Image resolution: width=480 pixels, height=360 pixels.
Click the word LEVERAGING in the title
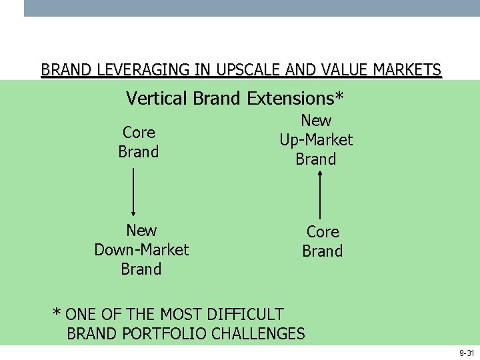pos(130,70)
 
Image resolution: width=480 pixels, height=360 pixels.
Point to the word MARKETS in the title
pos(407,70)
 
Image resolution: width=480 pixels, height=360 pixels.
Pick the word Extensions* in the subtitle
pos(295,99)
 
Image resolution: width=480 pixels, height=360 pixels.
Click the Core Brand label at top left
pos(139,142)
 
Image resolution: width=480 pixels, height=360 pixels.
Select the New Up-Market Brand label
pos(316,140)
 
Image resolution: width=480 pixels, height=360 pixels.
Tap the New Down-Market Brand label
pos(141,250)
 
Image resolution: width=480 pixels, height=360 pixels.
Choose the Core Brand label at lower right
pos(323,241)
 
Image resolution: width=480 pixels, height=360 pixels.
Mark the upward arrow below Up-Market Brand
pos(321,195)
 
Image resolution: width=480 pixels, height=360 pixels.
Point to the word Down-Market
pos(141,250)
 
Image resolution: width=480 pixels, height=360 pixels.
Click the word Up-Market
pos(316,140)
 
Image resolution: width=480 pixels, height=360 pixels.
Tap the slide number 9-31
pos(466,353)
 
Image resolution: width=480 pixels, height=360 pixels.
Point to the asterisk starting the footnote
pos(57,313)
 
